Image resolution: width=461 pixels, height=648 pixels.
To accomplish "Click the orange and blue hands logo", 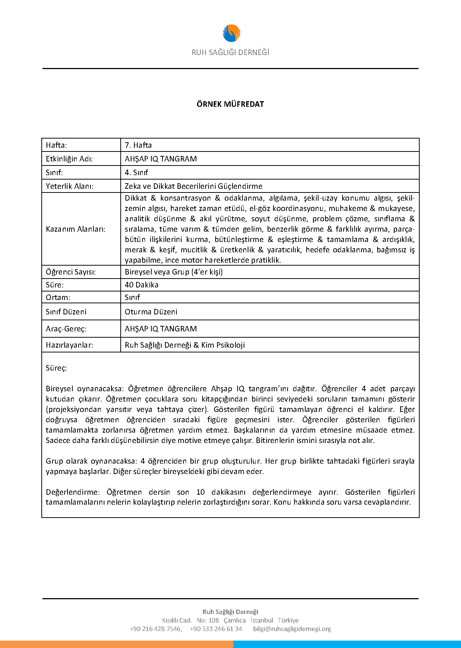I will coord(231,33).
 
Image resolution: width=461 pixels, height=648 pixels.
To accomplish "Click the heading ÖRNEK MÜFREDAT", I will coord(230,104).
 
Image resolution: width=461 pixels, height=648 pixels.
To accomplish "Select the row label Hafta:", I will coord(56,145).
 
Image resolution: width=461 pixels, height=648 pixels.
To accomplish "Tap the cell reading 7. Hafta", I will coord(138,145).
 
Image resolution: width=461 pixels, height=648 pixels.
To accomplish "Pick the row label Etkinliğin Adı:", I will coord(69,159).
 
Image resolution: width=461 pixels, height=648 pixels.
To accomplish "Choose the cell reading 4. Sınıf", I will coord(136,173).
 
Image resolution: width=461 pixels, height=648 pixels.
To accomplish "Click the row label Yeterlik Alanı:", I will coord(70,186).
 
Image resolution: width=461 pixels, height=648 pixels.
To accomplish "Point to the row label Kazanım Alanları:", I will coord(76,229).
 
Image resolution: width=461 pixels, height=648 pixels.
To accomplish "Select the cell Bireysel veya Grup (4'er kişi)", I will coord(173,272).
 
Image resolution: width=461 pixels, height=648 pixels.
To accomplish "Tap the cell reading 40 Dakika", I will coord(141,285).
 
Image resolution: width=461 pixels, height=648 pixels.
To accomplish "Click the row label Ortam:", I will coord(58,297).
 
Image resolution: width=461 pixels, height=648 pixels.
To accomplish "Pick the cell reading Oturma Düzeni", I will coord(151,312).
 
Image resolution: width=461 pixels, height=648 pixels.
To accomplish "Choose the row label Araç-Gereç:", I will coord(66,329).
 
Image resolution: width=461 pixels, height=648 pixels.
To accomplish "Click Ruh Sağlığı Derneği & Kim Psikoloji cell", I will coord(185,345).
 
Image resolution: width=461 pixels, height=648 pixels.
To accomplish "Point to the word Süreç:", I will coord(56,368).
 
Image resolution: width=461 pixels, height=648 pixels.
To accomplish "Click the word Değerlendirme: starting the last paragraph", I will coord(73,492).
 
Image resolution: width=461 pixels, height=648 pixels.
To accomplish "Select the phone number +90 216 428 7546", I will coord(155,629).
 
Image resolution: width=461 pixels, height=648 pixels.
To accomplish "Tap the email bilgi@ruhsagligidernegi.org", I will coord(292,629).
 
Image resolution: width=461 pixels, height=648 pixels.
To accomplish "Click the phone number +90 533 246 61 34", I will coord(216,629).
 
